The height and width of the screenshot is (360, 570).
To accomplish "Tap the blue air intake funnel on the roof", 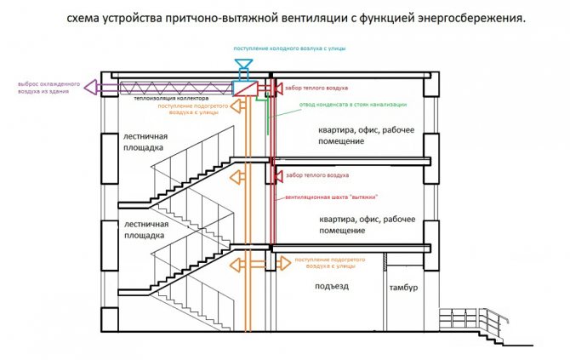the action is click(243, 64).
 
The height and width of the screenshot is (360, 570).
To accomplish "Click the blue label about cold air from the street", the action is click(289, 49).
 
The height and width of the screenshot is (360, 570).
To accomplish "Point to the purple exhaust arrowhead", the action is click(90, 88).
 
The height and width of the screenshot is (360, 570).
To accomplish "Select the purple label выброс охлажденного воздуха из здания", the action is click(48, 88).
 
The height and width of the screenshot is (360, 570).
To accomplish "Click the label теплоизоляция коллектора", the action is click(171, 98).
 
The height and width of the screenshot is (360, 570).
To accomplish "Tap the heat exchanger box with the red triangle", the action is click(245, 89).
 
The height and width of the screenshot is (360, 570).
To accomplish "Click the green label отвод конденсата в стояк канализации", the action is click(353, 105).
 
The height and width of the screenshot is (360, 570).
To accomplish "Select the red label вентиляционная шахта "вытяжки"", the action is click(332, 197).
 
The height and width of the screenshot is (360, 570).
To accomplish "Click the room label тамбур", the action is click(403, 288).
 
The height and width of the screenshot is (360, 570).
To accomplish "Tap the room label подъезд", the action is click(332, 287).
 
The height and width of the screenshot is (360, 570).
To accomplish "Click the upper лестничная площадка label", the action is click(145, 142).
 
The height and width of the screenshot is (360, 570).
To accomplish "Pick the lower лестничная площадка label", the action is click(146, 230).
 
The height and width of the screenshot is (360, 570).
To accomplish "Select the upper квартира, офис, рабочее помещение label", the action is click(367, 135).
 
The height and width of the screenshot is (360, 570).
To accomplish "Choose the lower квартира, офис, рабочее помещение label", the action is click(368, 225).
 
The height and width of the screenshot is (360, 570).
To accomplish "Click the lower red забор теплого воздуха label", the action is click(317, 175).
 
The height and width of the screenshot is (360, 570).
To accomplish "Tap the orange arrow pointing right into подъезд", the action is click(283, 263).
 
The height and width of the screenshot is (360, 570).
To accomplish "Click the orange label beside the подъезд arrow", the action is click(330, 263).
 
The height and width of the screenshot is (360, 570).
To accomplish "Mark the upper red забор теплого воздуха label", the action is click(316, 88).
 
